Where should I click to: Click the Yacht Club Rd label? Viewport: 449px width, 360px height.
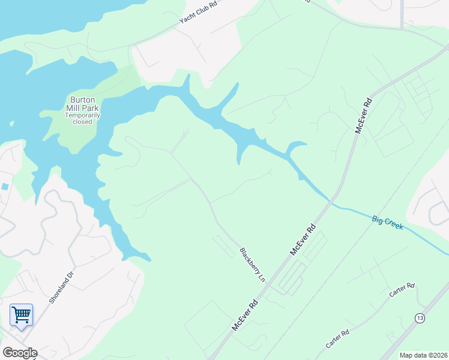197,12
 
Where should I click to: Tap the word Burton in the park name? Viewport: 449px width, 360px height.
82,100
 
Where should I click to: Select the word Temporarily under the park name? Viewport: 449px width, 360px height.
83,115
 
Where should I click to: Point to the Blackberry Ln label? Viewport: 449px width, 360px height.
252,265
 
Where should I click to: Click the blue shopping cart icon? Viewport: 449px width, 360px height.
21,314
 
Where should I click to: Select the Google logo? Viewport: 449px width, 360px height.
20,353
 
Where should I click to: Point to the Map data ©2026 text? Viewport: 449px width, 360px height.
423,355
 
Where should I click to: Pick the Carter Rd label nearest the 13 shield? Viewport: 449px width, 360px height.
402,290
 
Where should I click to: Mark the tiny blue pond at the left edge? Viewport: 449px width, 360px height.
5,187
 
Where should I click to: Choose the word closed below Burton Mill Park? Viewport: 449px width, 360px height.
83,122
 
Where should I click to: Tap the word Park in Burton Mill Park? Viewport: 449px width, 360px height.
92,107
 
